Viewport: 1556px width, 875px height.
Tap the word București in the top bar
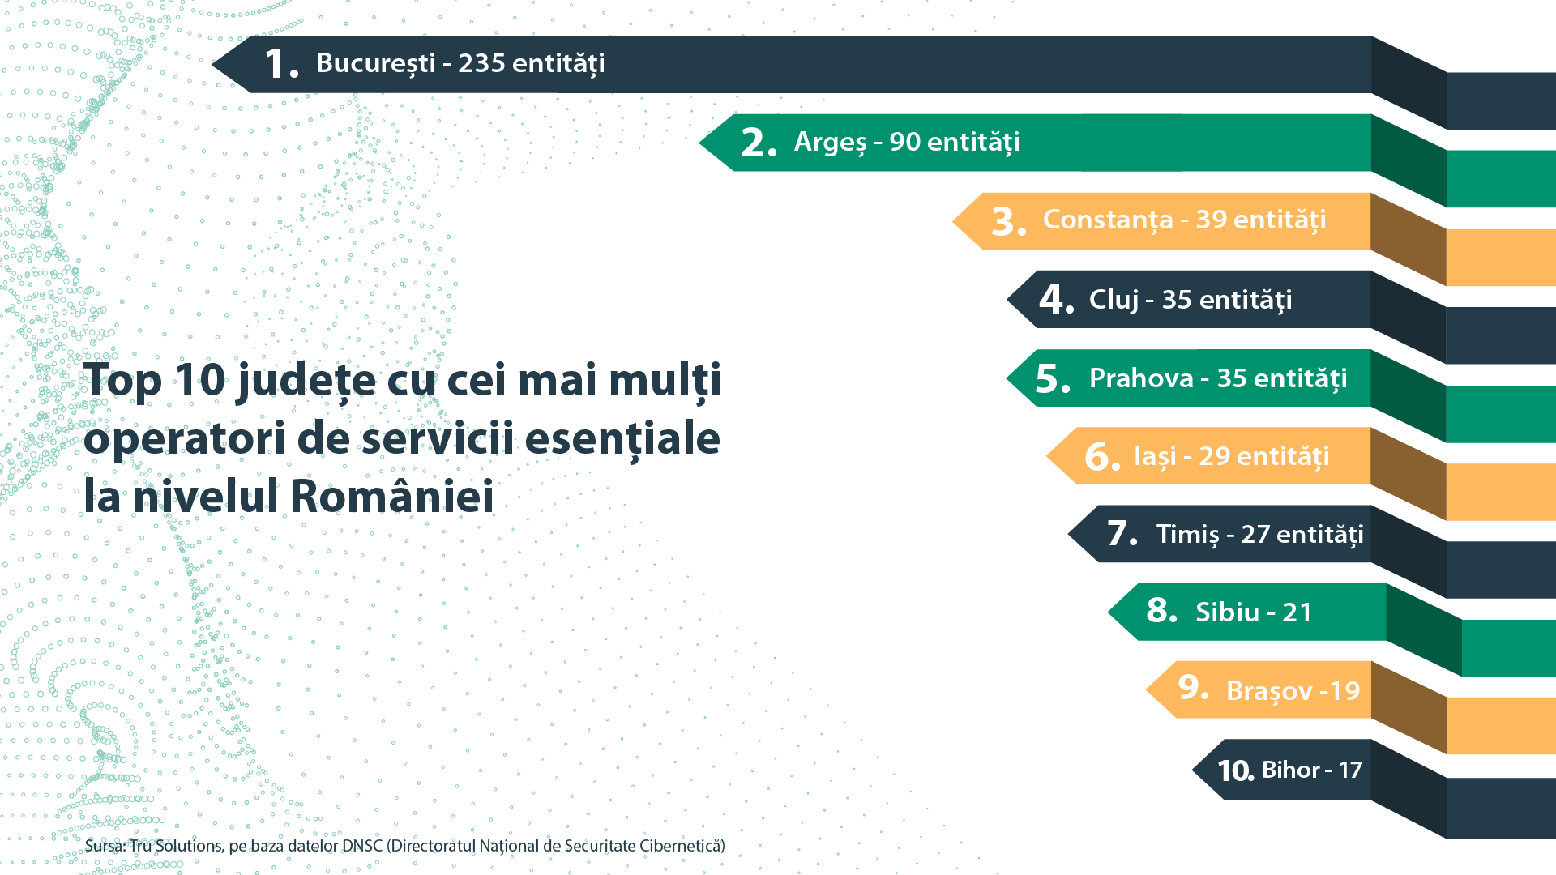pyautogui.click(x=376, y=63)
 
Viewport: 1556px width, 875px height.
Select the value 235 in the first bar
pyautogui.click(x=481, y=63)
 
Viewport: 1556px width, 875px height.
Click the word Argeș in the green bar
pyautogui.click(x=831, y=143)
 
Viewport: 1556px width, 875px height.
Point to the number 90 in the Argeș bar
pyautogui.click(x=905, y=142)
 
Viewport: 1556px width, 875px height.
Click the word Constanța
pyautogui.click(x=1108, y=220)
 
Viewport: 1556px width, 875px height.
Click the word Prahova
pyautogui.click(x=1141, y=378)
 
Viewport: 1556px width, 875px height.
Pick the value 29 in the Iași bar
pyautogui.click(x=1214, y=456)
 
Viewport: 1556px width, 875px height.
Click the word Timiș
pyautogui.click(x=1187, y=535)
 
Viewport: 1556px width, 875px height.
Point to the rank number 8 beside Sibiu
pyautogui.click(x=1161, y=610)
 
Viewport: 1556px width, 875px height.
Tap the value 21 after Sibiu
pyautogui.click(x=1297, y=612)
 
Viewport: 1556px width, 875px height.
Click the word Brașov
pyautogui.click(x=1269, y=691)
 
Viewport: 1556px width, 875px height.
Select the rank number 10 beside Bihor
pyautogui.click(x=1235, y=770)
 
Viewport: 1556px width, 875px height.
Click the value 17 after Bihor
pyautogui.click(x=1350, y=770)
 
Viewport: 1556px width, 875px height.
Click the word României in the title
pyautogui.click(x=391, y=496)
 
